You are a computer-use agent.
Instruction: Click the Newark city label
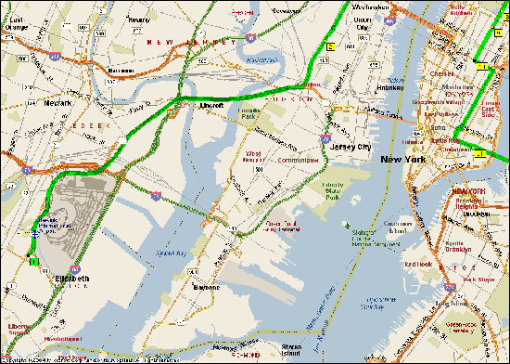point(57,104)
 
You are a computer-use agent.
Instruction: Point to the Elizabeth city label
point(73,279)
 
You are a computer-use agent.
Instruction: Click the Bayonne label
point(205,288)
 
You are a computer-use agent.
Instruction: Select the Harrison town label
point(121,70)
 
